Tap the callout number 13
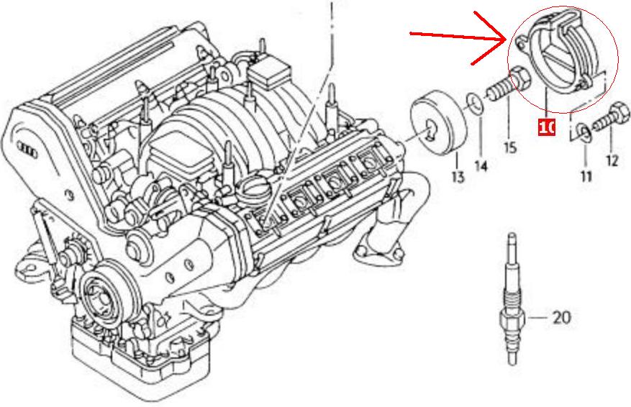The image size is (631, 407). pyautogui.click(x=458, y=176)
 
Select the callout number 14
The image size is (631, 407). pyautogui.click(x=481, y=165)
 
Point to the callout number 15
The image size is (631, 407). pyautogui.click(x=510, y=147)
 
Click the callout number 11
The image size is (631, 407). pyautogui.click(x=586, y=176)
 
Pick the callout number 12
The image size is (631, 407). pyautogui.click(x=612, y=161)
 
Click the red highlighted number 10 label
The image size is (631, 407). pyautogui.click(x=547, y=127)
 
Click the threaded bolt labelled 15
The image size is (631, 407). pyautogui.click(x=504, y=85)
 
